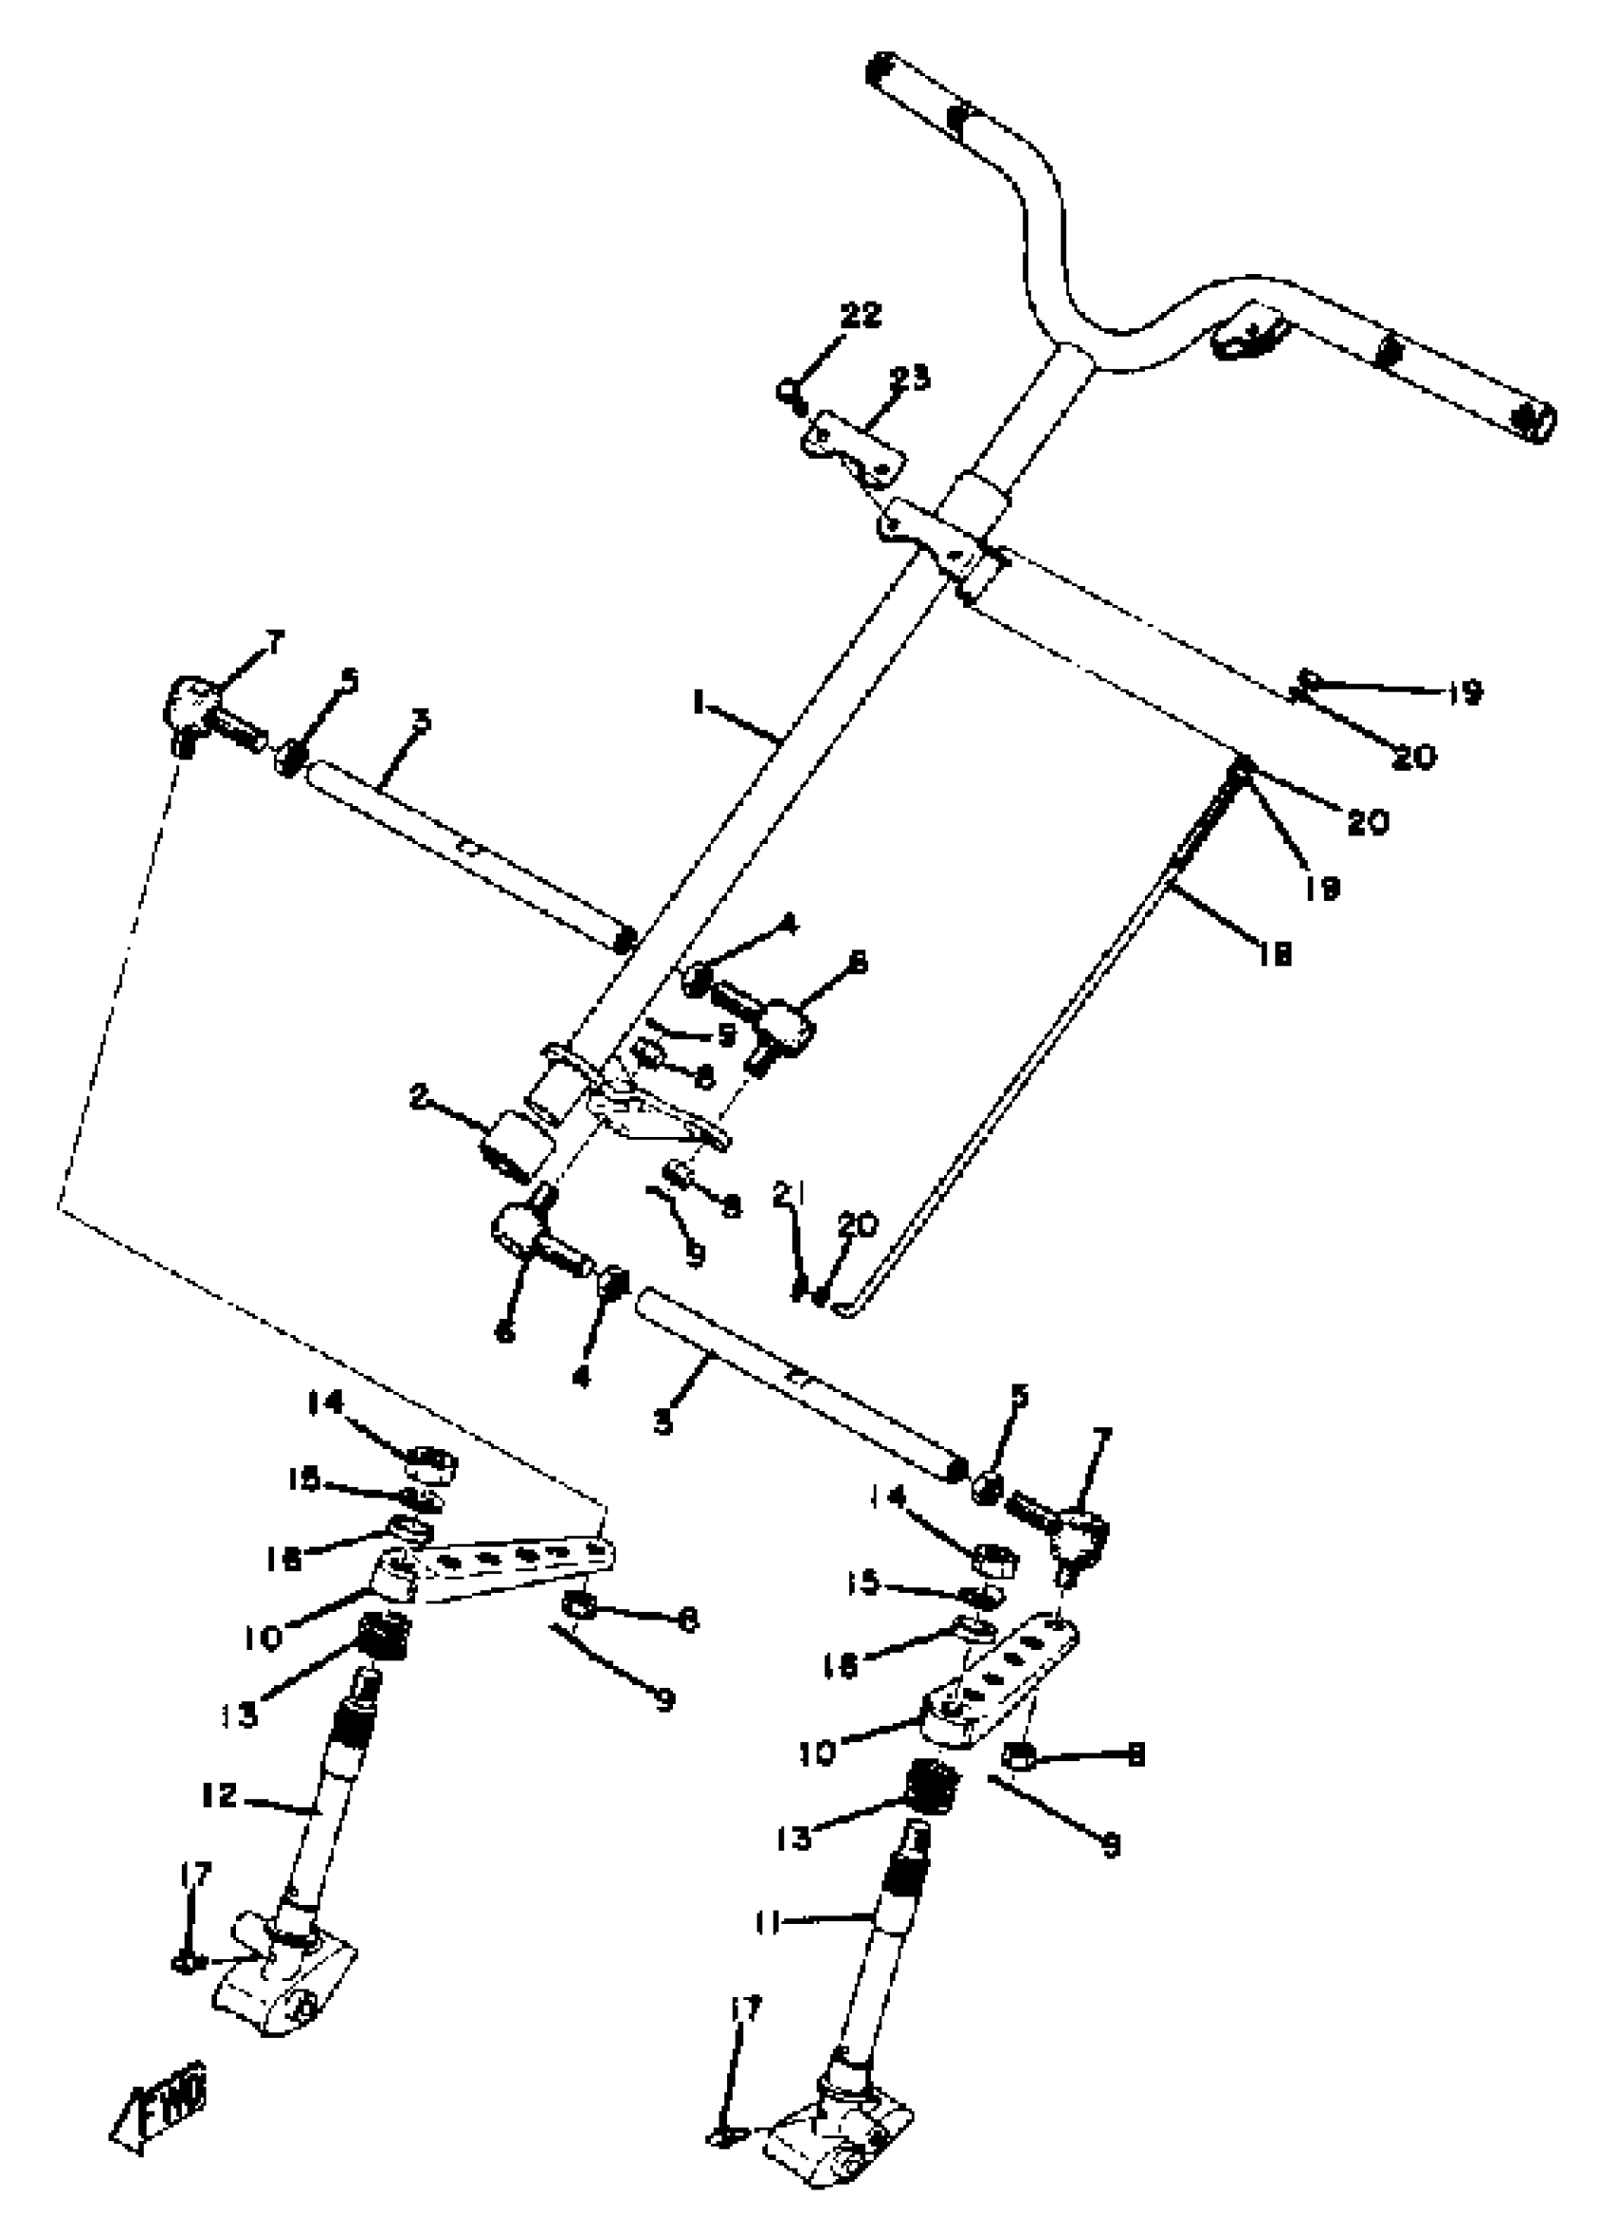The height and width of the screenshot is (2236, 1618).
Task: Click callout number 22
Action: click(x=859, y=317)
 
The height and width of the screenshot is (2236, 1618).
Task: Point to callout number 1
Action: click(x=698, y=703)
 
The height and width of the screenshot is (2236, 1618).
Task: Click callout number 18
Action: click(x=1273, y=953)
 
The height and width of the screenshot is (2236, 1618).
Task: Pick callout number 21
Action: click(x=789, y=1196)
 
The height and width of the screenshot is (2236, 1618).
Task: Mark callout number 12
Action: click(x=220, y=1796)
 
